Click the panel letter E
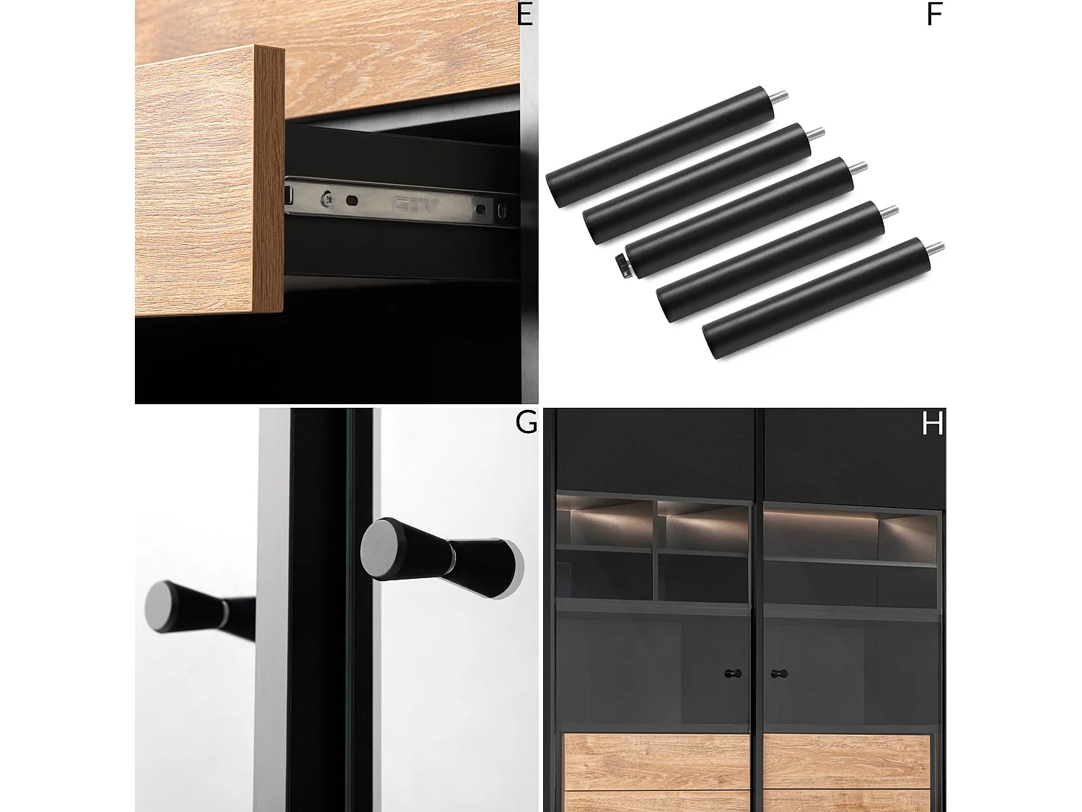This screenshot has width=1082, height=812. (x=524, y=14)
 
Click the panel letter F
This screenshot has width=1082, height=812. (x=933, y=14)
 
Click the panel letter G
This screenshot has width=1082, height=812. (x=525, y=422)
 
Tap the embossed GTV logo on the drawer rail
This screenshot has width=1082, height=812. (x=415, y=204)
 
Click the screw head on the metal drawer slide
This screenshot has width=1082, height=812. (x=327, y=199)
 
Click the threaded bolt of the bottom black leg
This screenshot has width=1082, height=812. (x=934, y=248)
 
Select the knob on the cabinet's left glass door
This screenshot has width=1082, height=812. (x=732, y=673)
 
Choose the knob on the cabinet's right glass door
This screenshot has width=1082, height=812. (x=779, y=673)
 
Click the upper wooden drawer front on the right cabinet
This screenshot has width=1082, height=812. (x=846, y=761)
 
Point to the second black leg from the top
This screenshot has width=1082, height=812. (x=697, y=183)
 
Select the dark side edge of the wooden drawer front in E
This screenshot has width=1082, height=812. (x=269, y=178)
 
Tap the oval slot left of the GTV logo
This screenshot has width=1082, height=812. (x=352, y=201)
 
